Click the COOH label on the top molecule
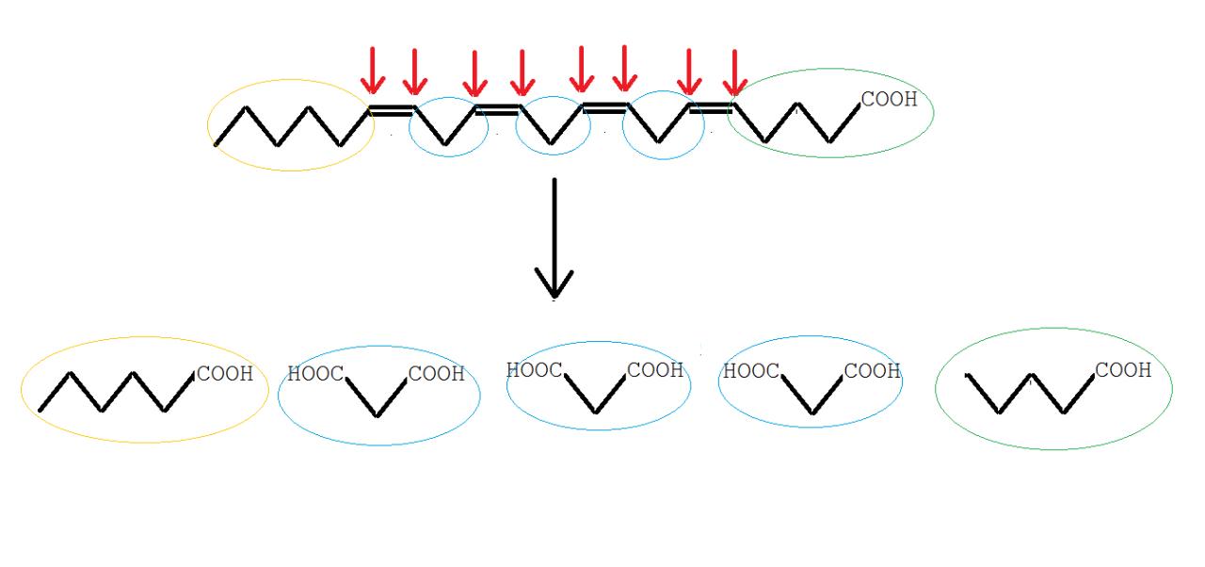coord(889,100)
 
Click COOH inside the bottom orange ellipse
coord(224,374)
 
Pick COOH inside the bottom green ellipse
coord(1123,370)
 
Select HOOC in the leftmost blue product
coord(314,374)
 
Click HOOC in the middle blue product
coord(534,370)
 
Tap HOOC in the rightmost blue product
coord(750,371)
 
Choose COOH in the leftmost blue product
coord(436,374)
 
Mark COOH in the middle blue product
coord(655,370)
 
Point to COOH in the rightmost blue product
coord(873,371)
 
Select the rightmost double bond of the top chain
coord(711,109)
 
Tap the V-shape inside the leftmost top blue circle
coord(446,127)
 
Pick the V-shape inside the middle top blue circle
coord(552,127)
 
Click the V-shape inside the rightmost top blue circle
coord(659,127)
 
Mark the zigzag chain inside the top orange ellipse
coord(278,127)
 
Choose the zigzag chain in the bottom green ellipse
coord(1032,394)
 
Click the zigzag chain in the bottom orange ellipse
coord(118,393)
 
